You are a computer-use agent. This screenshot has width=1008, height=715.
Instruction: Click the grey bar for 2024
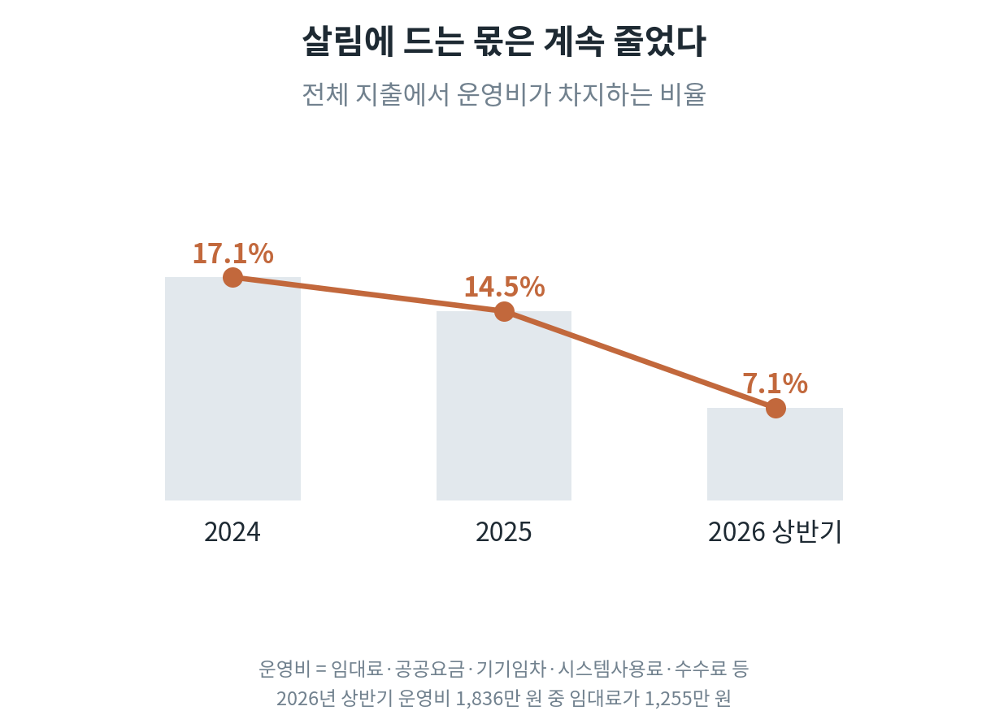(x=232, y=388)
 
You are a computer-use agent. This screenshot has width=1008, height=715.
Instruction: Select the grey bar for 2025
(x=504, y=405)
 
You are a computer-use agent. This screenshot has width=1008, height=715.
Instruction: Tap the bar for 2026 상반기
(x=775, y=454)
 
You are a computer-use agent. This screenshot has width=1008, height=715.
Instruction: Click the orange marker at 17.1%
(x=233, y=277)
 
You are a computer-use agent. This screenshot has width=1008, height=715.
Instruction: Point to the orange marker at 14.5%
(x=505, y=312)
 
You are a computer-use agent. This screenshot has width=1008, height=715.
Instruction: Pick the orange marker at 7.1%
(x=776, y=409)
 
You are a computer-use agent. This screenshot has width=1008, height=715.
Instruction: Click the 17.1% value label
(x=233, y=253)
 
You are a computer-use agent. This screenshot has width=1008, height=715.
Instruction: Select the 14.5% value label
(x=505, y=287)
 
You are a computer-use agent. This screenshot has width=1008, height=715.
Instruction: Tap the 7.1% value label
(x=775, y=383)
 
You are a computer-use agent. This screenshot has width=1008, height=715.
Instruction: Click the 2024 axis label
(x=232, y=532)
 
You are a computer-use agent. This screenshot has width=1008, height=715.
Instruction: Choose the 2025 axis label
(x=503, y=532)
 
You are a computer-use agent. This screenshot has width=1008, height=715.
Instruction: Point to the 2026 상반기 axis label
(x=775, y=532)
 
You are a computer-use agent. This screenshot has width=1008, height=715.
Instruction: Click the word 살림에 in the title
(x=348, y=41)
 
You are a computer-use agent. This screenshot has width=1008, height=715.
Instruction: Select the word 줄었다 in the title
(x=660, y=41)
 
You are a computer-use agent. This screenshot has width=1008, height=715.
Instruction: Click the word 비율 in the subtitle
(x=683, y=94)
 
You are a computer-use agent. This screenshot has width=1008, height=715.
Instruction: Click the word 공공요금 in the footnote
(x=429, y=669)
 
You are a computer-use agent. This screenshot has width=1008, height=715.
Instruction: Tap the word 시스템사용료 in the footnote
(x=610, y=669)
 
